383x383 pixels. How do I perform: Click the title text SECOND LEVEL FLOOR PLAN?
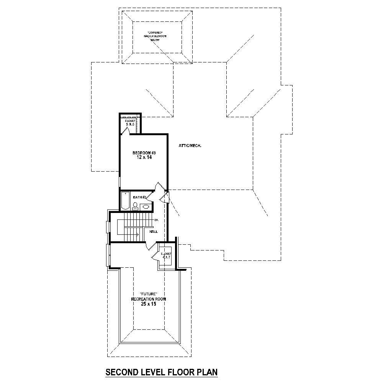[161, 372]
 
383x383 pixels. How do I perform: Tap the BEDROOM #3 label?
[144, 152]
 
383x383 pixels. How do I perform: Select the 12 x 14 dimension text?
[144, 157]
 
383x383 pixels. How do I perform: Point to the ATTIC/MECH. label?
[190, 146]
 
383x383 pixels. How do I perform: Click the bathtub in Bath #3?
[125, 201]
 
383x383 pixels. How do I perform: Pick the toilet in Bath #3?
[135, 206]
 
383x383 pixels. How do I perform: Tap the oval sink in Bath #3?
[146, 207]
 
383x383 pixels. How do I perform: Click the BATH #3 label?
[139, 197]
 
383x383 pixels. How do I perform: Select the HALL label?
[153, 231]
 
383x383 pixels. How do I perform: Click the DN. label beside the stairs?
[156, 221]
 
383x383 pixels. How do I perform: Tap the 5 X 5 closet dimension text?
[130, 124]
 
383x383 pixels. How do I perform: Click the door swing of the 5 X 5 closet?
[125, 131]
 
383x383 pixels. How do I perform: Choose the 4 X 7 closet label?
[166, 255]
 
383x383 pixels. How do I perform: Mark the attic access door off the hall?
[164, 197]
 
